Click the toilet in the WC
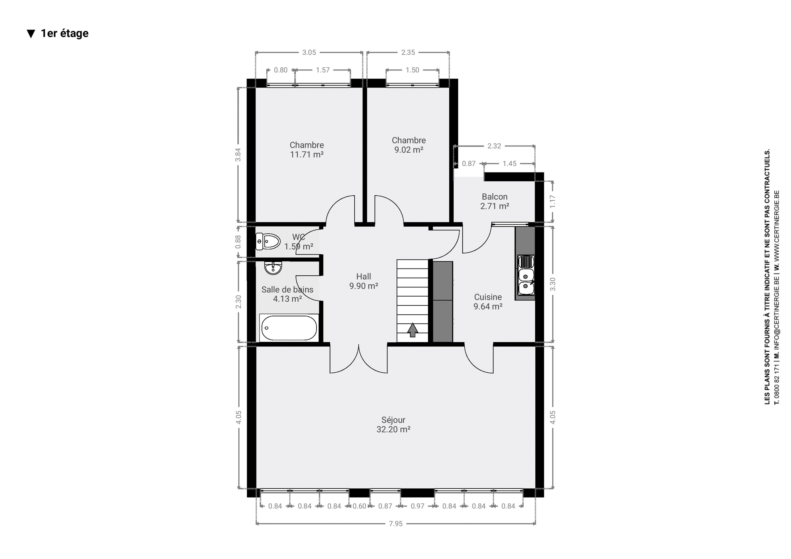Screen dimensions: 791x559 268,242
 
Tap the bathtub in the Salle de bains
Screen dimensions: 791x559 289,328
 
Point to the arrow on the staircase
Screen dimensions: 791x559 412,330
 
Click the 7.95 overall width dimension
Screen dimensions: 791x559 395,524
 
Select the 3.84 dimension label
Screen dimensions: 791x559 238,155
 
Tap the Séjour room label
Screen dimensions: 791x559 393,420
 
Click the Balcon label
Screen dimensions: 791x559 495,197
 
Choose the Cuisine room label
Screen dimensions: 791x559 488,297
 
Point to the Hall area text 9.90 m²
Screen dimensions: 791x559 364,286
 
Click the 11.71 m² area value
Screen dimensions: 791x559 307,155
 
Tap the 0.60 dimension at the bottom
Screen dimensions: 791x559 359,506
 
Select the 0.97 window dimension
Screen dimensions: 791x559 417,506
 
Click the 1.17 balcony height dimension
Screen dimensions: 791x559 552,201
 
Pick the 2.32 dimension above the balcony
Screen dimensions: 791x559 494,146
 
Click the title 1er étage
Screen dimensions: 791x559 65,33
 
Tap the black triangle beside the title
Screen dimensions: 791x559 31,34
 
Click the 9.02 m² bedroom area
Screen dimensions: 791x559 409,150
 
